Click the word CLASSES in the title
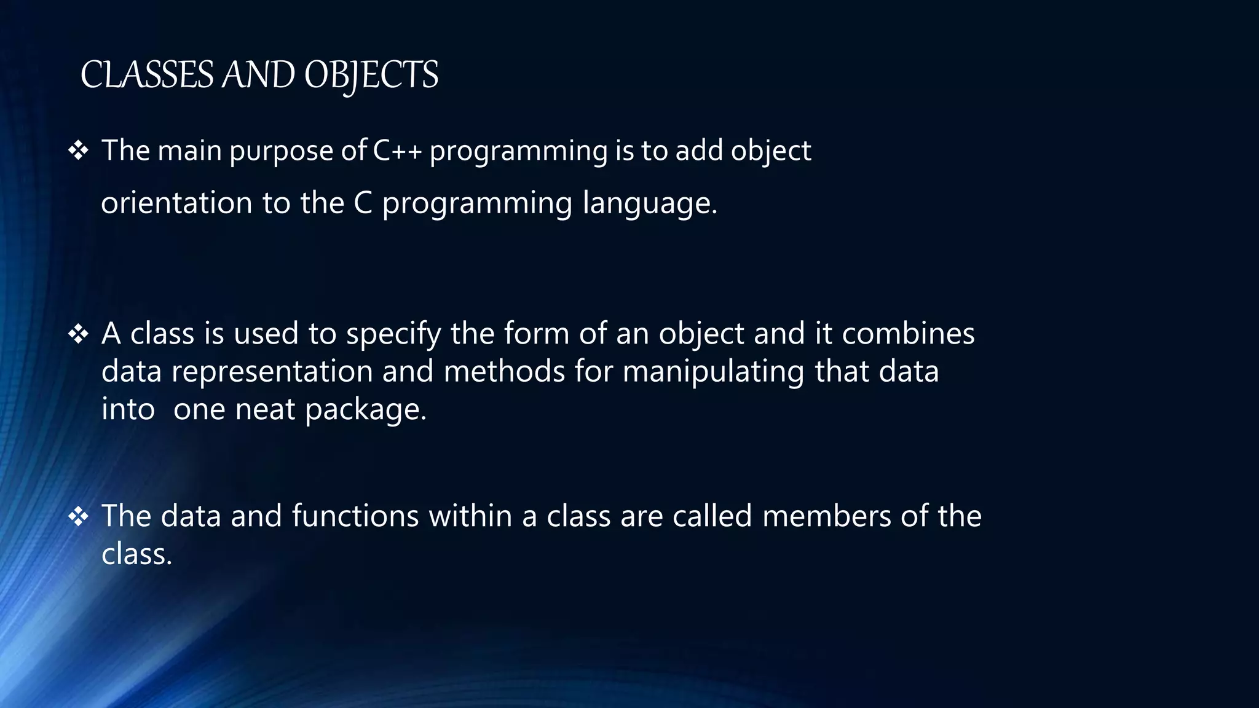(x=146, y=75)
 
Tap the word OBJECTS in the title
(x=371, y=76)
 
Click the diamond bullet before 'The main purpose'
(x=78, y=151)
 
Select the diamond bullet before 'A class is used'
(x=78, y=334)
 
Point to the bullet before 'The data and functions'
(x=78, y=516)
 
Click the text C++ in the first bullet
(x=397, y=151)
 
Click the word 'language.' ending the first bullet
(x=650, y=204)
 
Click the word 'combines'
(x=908, y=334)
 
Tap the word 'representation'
(x=272, y=372)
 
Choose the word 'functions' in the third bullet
(x=355, y=516)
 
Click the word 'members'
(x=826, y=516)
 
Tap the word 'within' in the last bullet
(x=470, y=516)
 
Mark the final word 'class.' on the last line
(x=136, y=554)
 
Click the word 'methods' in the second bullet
(x=504, y=372)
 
